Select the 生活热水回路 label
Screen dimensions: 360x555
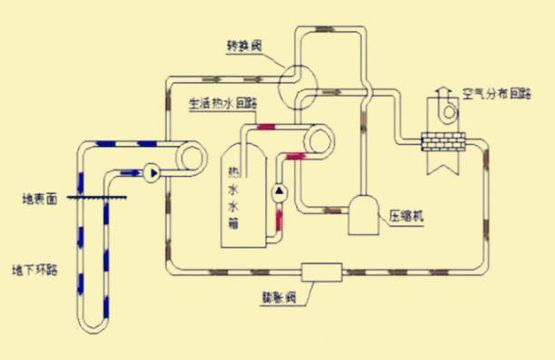pyautogui.click(x=221, y=103)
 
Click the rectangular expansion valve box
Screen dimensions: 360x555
pyautogui.click(x=321, y=271)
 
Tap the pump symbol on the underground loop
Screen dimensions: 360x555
pyautogui.click(x=150, y=170)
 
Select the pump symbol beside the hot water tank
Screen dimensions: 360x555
pyautogui.click(x=280, y=192)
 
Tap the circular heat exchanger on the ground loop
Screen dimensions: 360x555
pyautogui.click(x=192, y=157)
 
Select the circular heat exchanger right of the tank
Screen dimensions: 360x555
pyautogui.click(x=320, y=139)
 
